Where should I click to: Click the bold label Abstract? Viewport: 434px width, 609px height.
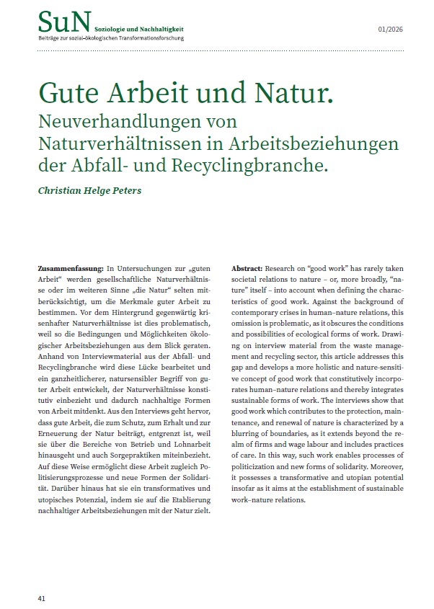pyautogui.click(x=247, y=268)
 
